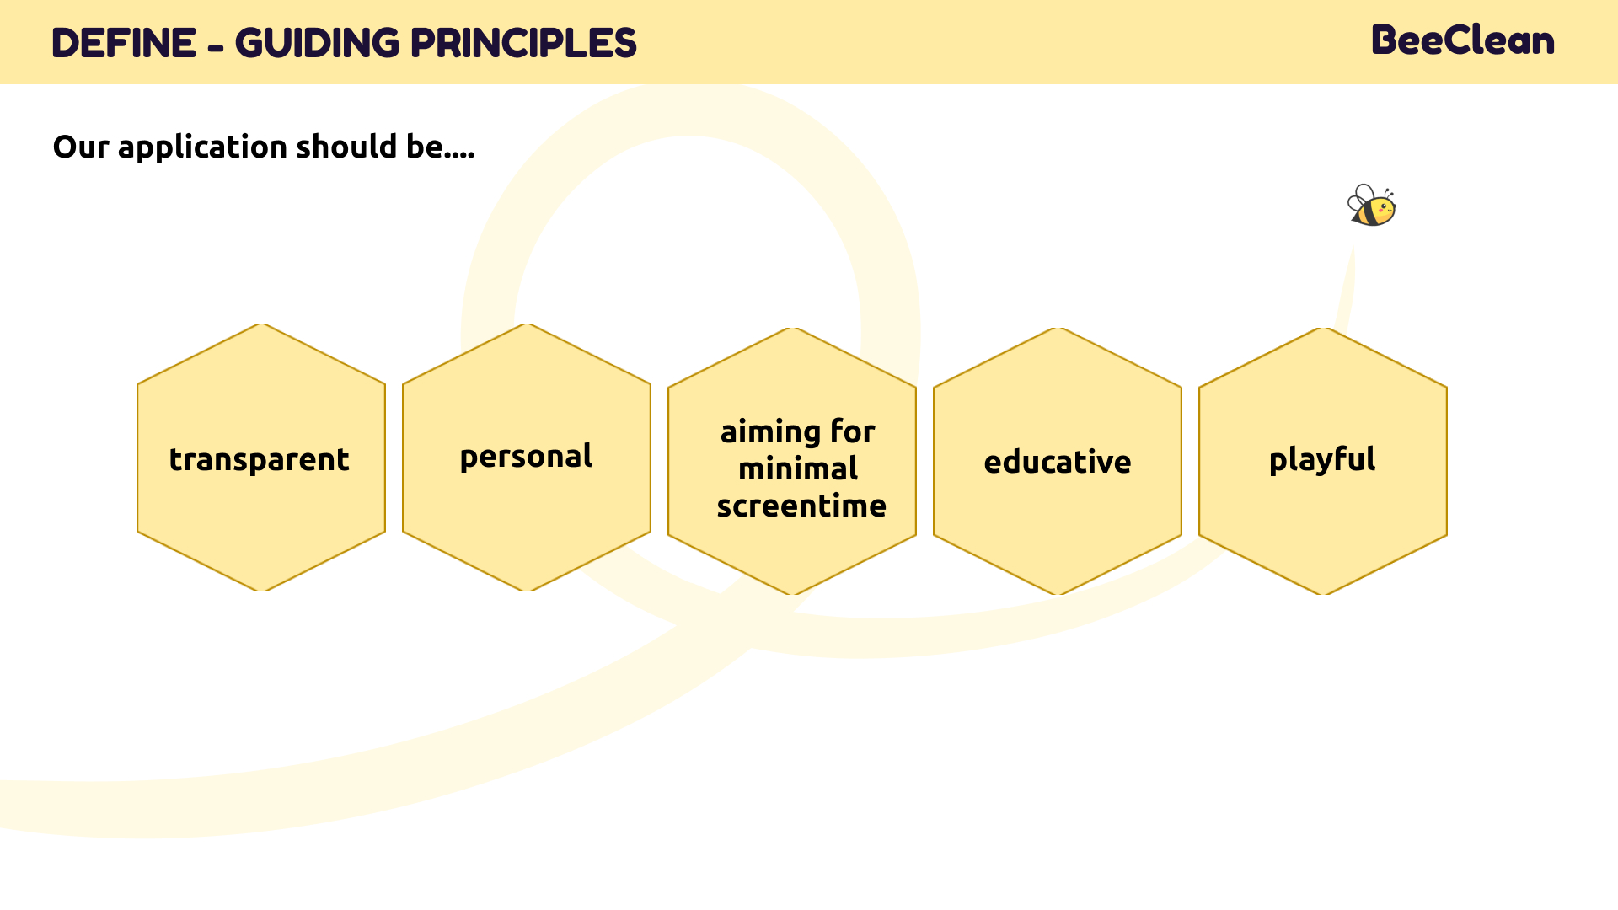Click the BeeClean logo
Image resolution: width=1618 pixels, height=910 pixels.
pos(1463,40)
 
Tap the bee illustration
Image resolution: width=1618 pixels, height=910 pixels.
pos(1372,206)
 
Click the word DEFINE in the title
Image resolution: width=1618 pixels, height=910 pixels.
pos(124,43)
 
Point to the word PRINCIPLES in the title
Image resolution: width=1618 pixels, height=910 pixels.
pos(523,43)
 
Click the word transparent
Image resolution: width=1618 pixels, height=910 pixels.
pos(260,460)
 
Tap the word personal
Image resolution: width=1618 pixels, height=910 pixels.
pos(526,457)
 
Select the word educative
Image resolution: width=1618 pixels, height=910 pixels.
pos(1058,462)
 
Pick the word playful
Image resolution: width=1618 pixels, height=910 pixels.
pos(1322,460)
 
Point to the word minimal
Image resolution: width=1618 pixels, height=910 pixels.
pos(798,468)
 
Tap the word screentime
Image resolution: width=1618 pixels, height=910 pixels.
pos(801,506)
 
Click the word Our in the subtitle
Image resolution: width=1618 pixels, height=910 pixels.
pos(81,147)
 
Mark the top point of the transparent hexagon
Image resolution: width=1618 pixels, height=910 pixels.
pos(261,324)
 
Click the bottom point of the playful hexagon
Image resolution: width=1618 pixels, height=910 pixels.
pos(1323,595)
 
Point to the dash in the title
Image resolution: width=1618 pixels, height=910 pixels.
pos(216,47)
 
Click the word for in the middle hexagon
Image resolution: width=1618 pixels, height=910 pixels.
pos(853,431)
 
